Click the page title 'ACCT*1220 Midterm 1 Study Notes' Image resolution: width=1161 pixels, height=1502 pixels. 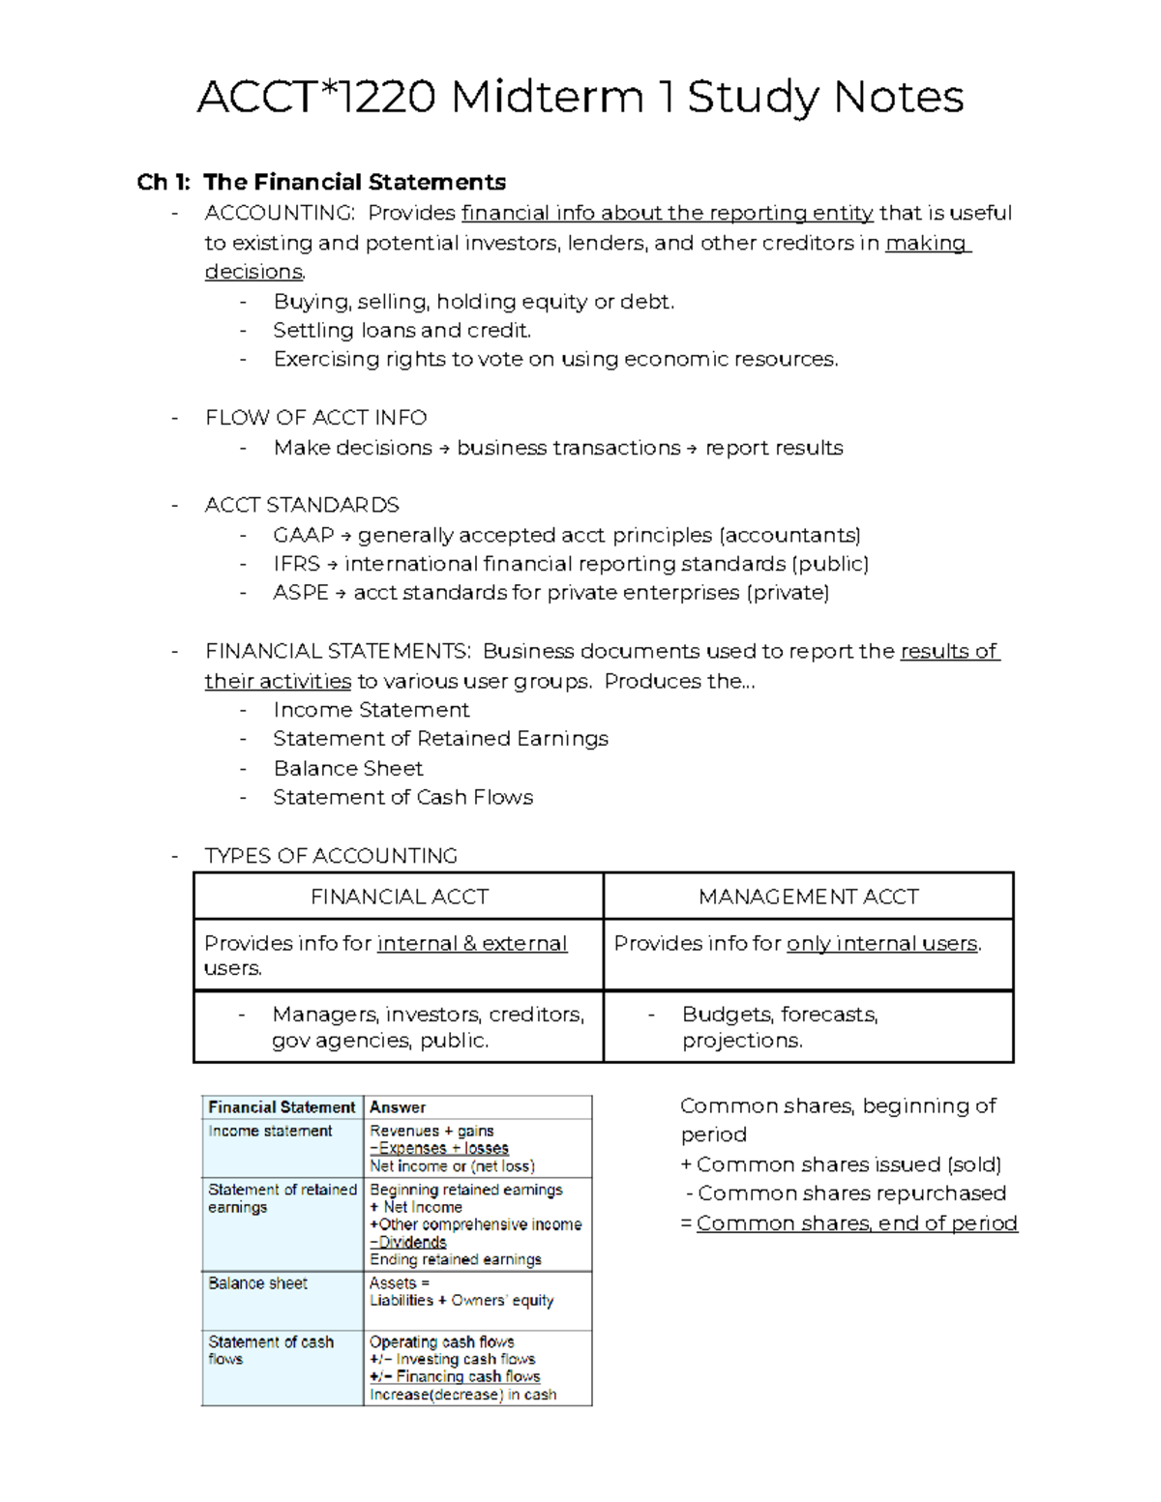point(580,98)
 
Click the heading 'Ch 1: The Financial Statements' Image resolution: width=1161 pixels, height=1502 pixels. point(321,182)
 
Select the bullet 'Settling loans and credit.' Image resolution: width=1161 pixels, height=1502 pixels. point(402,331)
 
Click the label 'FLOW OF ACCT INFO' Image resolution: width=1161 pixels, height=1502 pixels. point(315,418)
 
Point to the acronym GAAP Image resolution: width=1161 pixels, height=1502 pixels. point(303,535)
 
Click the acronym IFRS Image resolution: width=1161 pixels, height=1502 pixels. point(296,564)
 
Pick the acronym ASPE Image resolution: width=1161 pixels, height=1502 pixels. point(300,593)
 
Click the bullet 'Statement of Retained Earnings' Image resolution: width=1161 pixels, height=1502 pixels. point(440,739)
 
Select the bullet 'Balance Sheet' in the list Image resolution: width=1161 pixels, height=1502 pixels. point(348,769)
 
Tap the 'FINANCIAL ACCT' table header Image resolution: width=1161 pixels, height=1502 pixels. point(399,897)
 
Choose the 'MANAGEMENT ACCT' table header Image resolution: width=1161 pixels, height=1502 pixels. point(808,897)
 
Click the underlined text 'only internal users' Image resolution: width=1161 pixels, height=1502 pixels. point(881,944)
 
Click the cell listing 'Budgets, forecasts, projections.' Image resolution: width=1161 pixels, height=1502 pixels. point(780,1027)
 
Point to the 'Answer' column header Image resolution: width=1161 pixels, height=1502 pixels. point(398,1107)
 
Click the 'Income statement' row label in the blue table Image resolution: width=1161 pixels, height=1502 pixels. point(270,1131)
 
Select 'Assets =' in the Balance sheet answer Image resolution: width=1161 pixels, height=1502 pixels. point(399,1283)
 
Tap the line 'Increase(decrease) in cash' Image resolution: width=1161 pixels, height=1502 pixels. point(462,1395)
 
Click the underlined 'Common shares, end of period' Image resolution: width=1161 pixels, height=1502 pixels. point(856,1223)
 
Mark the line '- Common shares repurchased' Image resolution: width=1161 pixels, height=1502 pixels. point(846,1193)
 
